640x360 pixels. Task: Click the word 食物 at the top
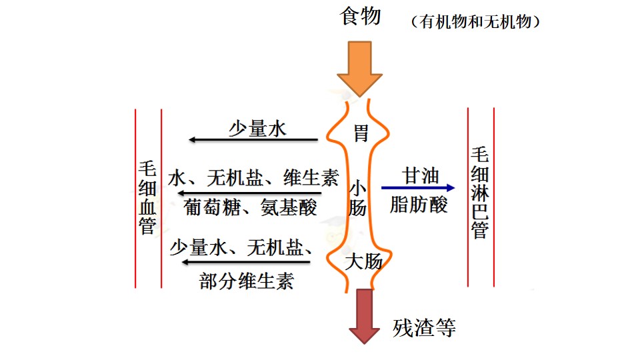[x=361, y=17]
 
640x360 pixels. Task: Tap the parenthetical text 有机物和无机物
[x=475, y=21]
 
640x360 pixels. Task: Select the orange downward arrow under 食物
[x=359, y=69]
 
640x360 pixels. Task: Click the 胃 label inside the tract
[x=361, y=133]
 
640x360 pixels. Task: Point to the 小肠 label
[x=357, y=199]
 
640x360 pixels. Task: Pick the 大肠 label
[x=363, y=261]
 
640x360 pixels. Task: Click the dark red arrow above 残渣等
[x=365, y=316]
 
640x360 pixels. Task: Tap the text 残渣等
[x=424, y=327]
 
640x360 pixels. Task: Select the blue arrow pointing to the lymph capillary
[x=418, y=188]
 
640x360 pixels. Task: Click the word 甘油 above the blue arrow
[x=420, y=175]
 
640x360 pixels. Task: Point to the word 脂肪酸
[x=419, y=205]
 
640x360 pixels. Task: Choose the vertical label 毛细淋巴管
[x=480, y=193]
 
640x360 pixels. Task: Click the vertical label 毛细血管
[x=147, y=197]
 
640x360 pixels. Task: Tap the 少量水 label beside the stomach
[x=257, y=129]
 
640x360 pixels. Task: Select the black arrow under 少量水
[x=253, y=139]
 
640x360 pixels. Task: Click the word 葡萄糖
[x=211, y=207]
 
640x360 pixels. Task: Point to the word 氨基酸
[x=289, y=207]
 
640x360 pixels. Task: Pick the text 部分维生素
[x=247, y=281]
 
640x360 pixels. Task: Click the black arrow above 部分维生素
[x=246, y=262]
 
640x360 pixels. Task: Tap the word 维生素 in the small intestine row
[x=311, y=178]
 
